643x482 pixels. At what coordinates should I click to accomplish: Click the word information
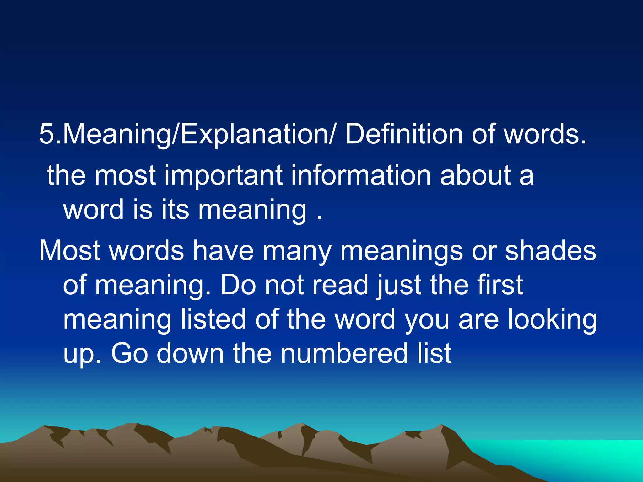pos(361,176)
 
